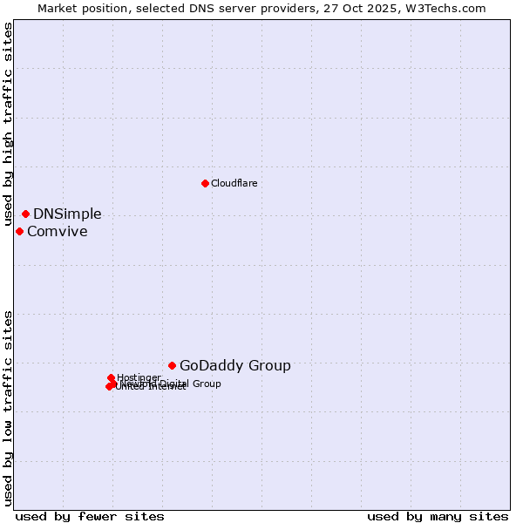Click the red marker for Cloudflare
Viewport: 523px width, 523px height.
pos(205,183)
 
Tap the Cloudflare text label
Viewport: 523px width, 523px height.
pos(234,183)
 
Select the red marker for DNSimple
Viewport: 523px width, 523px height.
pos(25,214)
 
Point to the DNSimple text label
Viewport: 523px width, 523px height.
pos(67,214)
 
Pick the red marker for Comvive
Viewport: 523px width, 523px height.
pos(19,231)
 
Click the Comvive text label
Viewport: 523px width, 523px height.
pos(57,232)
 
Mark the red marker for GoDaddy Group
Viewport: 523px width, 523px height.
pos(172,365)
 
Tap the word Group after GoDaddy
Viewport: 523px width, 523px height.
pos(271,366)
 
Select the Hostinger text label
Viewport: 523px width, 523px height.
pos(139,377)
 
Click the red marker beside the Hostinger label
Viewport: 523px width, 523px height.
pos(111,377)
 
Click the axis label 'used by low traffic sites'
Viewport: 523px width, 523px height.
pos(9,408)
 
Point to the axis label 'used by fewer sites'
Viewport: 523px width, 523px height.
pos(90,516)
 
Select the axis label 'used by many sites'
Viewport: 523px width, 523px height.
pos(438,516)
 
